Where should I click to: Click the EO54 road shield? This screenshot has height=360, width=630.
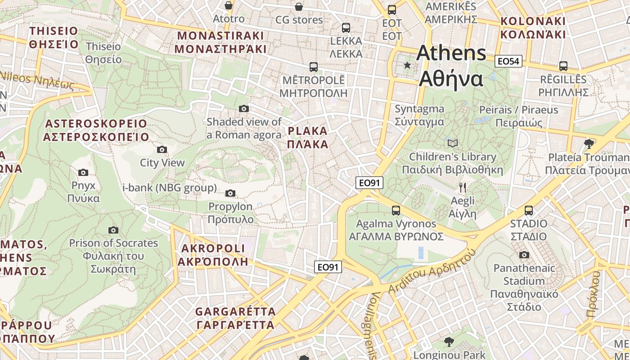(x=508, y=61)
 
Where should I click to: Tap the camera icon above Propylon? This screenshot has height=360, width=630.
(x=230, y=193)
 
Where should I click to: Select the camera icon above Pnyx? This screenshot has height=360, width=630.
(x=83, y=172)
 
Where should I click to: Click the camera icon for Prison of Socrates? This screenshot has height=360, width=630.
(x=113, y=230)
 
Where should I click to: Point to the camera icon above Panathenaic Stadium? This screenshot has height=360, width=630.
(x=524, y=255)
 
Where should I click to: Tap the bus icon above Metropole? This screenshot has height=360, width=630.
(x=314, y=67)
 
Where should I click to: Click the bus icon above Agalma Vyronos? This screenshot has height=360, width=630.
(x=396, y=210)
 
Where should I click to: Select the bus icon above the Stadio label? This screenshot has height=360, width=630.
(x=529, y=210)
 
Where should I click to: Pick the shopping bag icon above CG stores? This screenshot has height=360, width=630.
(x=299, y=6)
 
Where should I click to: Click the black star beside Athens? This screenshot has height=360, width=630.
(x=407, y=65)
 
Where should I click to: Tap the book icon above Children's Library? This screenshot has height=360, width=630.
(x=453, y=144)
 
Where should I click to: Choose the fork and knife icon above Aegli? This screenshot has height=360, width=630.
(x=463, y=187)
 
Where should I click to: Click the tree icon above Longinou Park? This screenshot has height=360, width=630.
(x=449, y=342)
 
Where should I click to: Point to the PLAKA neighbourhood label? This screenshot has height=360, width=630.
(x=308, y=138)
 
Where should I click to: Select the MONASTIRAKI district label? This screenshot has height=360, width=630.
(x=220, y=42)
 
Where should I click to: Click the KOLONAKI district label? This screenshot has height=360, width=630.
(x=533, y=28)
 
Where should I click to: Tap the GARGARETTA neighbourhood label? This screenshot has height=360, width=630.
(x=235, y=318)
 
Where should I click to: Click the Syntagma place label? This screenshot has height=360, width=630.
(x=419, y=115)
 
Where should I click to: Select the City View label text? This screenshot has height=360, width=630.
(x=162, y=163)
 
